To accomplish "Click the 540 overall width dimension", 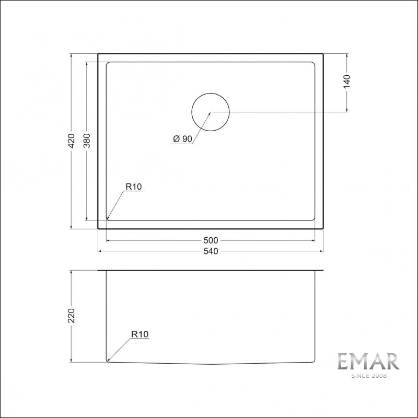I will tap(211, 251).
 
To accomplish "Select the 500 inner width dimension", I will tap(211, 240).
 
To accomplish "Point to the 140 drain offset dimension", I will tap(347, 82).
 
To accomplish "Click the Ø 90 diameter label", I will tap(182, 138).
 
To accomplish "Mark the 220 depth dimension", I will tap(72, 316).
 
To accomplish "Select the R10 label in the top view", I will tap(134, 186).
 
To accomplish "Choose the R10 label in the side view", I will tap(140, 334).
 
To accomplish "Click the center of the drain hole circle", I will tap(211, 112).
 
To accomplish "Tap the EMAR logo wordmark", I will tap(368, 361).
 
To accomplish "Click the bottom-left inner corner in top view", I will tap(108, 218).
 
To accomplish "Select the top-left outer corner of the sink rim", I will tap(98, 53).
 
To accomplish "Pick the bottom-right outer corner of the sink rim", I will tap(323, 229).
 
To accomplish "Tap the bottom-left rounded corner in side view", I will tap(108, 360).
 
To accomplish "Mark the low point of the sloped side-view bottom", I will tap(211, 364).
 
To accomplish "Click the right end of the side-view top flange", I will tap(324, 271).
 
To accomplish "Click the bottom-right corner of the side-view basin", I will tap(315, 361).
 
